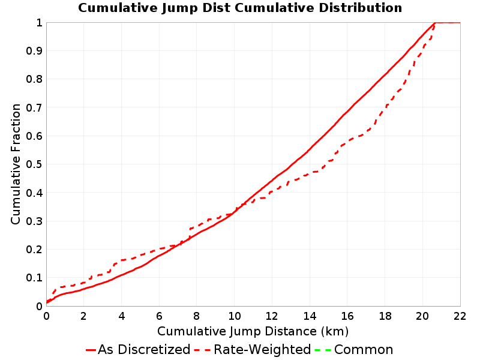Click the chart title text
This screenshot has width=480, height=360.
pyautogui.click(x=240, y=8)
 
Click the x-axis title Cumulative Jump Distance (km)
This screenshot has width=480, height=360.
pyautogui.click(x=253, y=332)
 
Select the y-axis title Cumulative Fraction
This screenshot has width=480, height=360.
pyautogui.click(x=16, y=164)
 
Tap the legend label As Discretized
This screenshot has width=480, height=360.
pyautogui.click(x=144, y=350)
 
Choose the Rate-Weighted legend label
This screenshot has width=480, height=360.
pyautogui.click(x=262, y=350)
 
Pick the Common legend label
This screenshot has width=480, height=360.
pyautogui.click(x=364, y=350)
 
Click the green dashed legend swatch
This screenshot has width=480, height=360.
pyautogui.click(x=323, y=350)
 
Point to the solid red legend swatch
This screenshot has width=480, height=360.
pyautogui.click(x=91, y=350)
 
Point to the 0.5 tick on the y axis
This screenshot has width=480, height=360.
pyautogui.click(x=34, y=164)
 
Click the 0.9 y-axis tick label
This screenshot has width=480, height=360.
pyautogui.click(x=34, y=51)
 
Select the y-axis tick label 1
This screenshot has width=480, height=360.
pyautogui.click(x=39, y=23)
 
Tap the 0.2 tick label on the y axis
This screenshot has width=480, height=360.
pyautogui.click(x=34, y=250)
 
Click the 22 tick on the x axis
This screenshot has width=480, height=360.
pyautogui.click(x=460, y=316)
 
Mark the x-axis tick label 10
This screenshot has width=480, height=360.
pyautogui.click(x=234, y=316)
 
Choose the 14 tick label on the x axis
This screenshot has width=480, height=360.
pyautogui.click(x=310, y=316)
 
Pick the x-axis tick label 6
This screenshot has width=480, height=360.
pyautogui.click(x=159, y=316)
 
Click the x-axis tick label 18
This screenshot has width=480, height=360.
pyautogui.click(x=385, y=316)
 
